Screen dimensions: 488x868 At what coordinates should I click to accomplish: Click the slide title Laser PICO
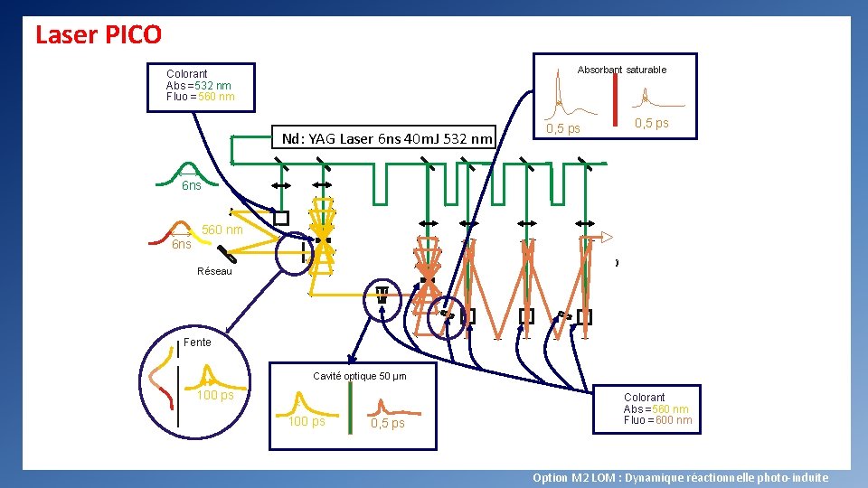(98, 35)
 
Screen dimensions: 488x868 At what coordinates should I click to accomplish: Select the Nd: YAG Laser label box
(387, 138)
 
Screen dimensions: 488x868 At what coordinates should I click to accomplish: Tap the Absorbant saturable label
(621, 70)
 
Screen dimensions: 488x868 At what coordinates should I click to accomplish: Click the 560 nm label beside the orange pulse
(222, 230)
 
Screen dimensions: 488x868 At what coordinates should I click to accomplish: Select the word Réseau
(214, 271)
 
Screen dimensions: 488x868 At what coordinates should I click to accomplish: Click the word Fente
(197, 343)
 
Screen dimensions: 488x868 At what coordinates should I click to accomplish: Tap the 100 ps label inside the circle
(214, 396)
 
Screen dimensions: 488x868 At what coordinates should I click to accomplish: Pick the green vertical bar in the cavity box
(349, 412)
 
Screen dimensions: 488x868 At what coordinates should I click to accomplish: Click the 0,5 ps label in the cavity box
(388, 424)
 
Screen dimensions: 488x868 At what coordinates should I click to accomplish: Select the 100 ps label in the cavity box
(307, 422)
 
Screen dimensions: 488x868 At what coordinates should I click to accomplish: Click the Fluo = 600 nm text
(657, 420)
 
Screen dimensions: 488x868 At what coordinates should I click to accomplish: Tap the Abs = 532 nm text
(198, 86)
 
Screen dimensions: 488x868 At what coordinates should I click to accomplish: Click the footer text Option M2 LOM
(680, 478)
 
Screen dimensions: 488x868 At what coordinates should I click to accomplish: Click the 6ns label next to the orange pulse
(182, 245)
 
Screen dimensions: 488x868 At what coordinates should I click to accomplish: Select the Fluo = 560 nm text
(200, 97)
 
